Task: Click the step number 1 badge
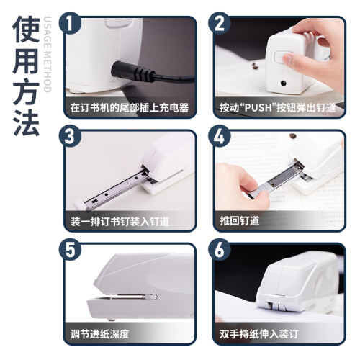point(70,23)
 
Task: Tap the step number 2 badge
point(219,23)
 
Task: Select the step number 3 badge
point(70,137)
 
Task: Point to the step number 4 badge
point(219,137)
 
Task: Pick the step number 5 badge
point(70,250)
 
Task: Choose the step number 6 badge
point(219,250)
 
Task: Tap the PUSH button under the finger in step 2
point(280,58)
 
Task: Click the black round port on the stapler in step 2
point(284,83)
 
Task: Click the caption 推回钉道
point(240,220)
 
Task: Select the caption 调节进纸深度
point(99,334)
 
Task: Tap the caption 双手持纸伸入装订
point(259,334)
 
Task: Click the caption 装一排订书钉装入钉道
point(120,221)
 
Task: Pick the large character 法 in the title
point(26,123)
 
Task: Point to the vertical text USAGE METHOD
point(48,54)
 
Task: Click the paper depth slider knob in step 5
point(151,297)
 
